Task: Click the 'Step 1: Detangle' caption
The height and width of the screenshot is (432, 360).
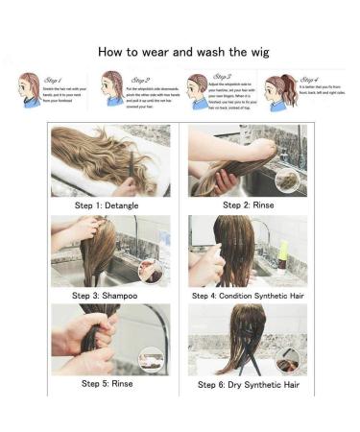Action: click(110, 204)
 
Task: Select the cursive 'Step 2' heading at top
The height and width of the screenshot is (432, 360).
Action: click(140, 80)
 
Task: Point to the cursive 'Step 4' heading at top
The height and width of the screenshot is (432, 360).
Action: click(309, 80)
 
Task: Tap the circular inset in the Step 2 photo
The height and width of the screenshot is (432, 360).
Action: click(286, 180)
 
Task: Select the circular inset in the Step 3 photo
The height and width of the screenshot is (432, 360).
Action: click(151, 272)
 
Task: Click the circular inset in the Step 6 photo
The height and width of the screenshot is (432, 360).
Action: click(287, 360)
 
